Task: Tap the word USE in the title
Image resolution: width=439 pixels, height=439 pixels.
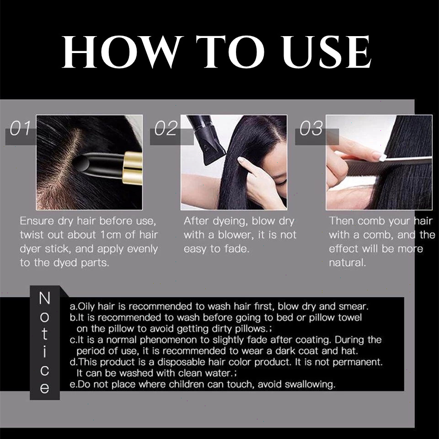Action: (327, 52)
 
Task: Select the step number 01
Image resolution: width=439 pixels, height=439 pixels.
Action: (20, 128)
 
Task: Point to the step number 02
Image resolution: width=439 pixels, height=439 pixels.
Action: (166, 128)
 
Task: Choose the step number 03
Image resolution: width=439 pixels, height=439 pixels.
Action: (311, 128)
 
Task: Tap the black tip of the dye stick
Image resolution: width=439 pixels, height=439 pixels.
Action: (81, 163)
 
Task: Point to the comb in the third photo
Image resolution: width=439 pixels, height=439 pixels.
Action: (389, 165)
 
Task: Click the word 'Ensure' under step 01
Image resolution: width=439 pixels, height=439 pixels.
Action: (37, 221)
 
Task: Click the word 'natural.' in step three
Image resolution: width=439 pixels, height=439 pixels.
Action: (347, 262)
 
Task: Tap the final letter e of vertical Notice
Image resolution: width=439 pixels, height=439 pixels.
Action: (44, 388)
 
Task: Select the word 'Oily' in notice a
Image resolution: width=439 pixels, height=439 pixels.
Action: (86, 306)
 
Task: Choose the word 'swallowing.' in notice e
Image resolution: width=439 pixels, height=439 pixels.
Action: (310, 385)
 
